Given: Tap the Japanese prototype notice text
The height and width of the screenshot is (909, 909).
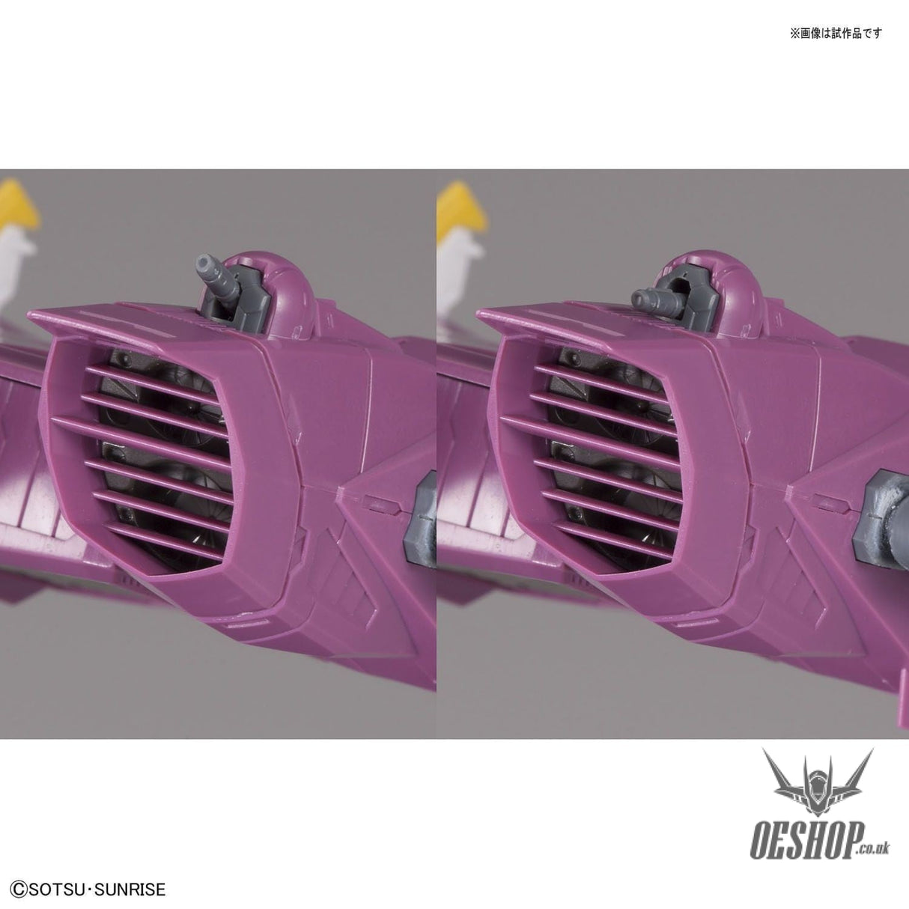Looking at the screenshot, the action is [836, 34].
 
